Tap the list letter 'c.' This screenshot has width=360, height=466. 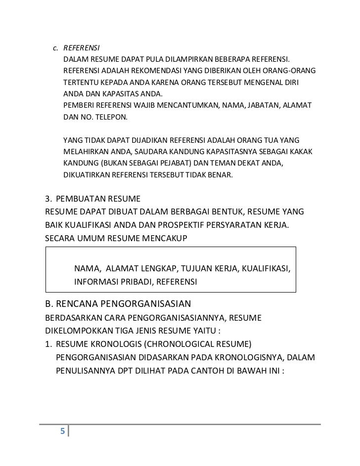tap(56, 48)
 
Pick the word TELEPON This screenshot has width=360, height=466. tap(110, 118)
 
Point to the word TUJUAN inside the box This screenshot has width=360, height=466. tap(198, 269)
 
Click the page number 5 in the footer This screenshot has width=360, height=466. tap(62, 431)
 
